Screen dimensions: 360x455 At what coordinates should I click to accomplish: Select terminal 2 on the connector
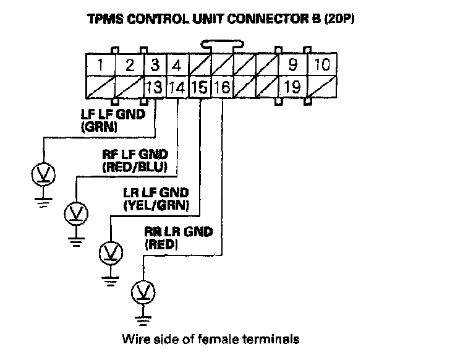130,65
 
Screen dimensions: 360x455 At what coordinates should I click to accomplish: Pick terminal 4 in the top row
177,65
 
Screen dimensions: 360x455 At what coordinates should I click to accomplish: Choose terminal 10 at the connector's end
321,65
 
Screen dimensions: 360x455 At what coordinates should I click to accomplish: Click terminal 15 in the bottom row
200,87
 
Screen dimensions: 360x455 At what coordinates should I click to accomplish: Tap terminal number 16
221,87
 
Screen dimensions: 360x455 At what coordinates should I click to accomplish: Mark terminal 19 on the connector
292,87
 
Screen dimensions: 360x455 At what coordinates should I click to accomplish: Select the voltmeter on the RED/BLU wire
76,214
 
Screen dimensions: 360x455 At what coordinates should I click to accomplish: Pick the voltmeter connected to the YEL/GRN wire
111,252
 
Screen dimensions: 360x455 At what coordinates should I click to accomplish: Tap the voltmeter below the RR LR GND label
145,291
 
